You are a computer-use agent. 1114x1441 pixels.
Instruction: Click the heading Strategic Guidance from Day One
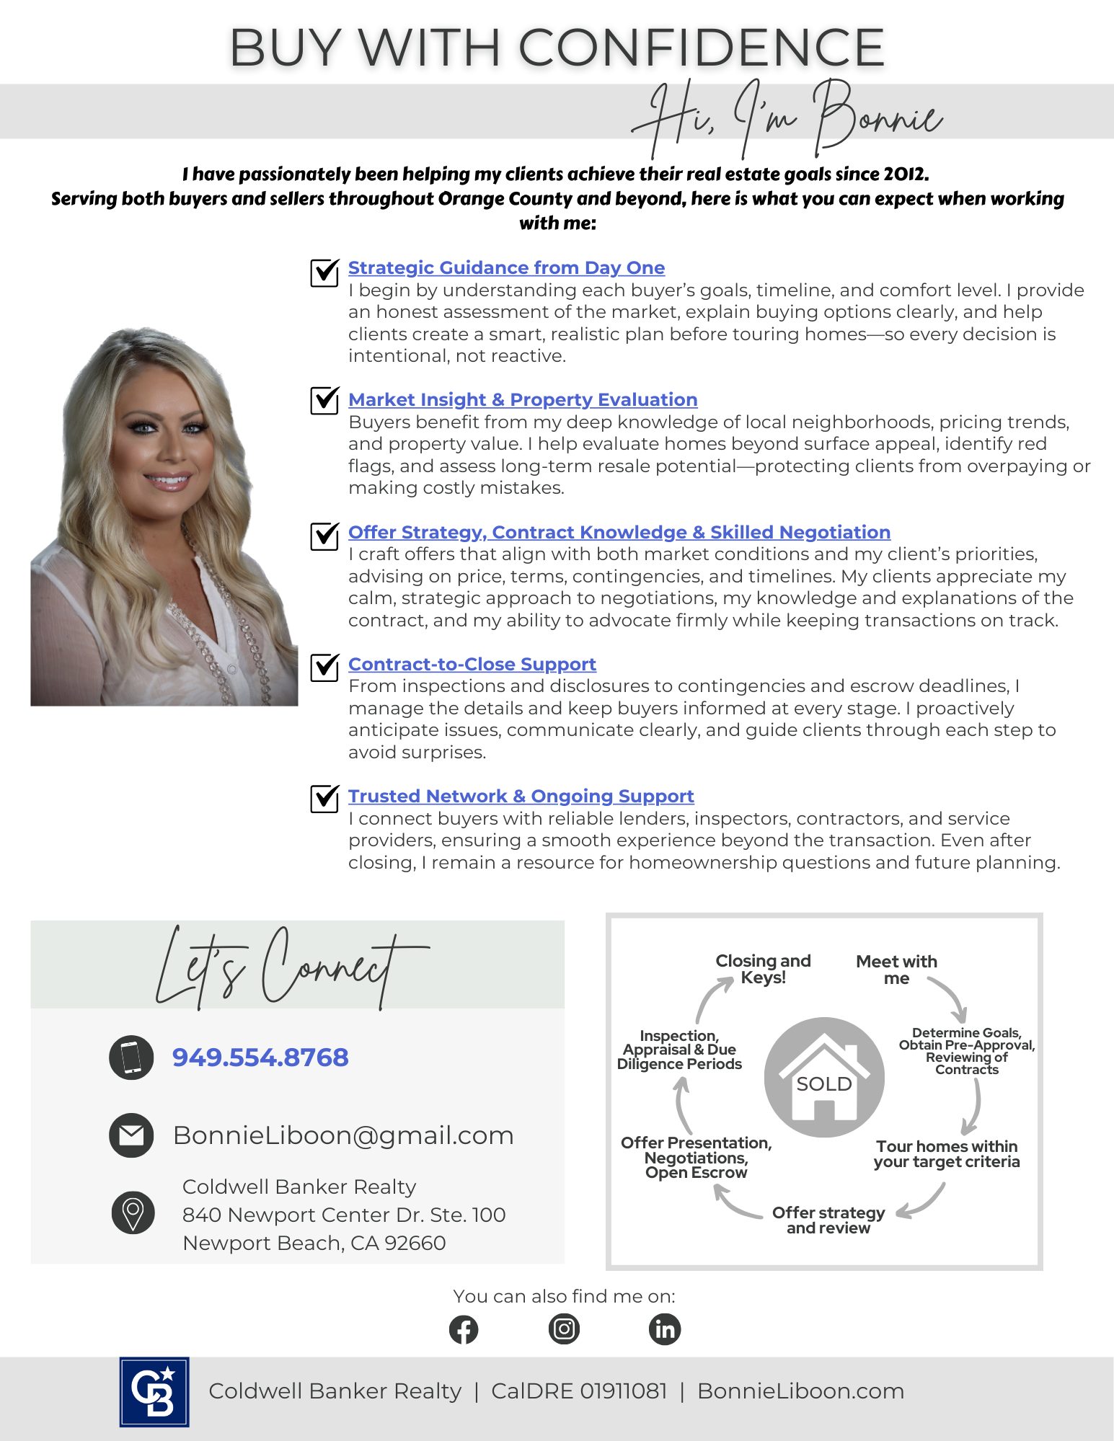pyautogui.click(x=506, y=267)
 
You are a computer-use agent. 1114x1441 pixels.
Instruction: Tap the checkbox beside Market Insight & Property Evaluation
pyautogui.click(x=324, y=400)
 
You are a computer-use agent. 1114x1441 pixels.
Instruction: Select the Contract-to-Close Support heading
pyautogui.click(x=472, y=664)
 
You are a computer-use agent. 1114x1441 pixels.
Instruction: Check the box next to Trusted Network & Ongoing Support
pyautogui.click(x=324, y=797)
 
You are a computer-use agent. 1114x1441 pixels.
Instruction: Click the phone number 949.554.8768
pyautogui.click(x=260, y=1057)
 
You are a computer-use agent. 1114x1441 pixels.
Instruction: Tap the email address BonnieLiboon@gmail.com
pyautogui.click(x=343, y=1135)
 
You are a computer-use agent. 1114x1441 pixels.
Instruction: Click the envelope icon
pyautogui.click(x=131, y=1135)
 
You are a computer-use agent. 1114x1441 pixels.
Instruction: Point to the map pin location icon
pyautogui.click(x=133, y=1212)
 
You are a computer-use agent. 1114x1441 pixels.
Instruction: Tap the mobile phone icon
pyautogui.click(x=131, y=1058)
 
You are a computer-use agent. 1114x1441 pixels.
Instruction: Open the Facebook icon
pyautogui.click(x=464, y=1329)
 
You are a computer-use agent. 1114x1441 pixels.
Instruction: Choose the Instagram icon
pyautogui.click(x=564, y=1329)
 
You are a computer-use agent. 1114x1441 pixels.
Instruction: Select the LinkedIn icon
pyautogui.click(x=664, y=1329)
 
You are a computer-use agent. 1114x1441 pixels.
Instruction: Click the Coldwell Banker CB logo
pyautogui.click(x=154, y=1392)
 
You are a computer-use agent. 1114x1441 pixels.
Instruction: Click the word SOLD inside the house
pyautogui.click(x=824, y=1084)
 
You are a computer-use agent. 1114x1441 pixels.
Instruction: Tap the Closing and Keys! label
pyautogui.click(x=763, y=970)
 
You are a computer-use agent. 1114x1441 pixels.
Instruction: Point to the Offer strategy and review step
pyautogui.click(x=828, y=1220)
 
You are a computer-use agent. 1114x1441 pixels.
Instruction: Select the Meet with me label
pyautogui.click(x=896, y=970)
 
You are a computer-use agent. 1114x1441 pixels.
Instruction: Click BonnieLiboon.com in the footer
pyautogui.click(x=800, y=1391)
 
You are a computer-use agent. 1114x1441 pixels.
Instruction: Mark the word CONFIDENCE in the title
pyautogui.click(x=701, y=48)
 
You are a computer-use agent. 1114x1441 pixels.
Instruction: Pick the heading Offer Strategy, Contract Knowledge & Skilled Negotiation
pyautogui.click(x=619, y=532)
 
